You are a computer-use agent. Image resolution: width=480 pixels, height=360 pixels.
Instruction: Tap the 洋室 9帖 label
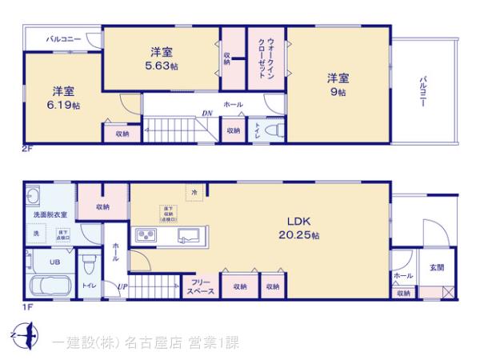coord(337,85)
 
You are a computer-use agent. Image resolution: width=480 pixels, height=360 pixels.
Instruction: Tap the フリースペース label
coord(201,287)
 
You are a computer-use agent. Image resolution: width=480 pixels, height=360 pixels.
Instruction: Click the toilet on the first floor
coord(89,263)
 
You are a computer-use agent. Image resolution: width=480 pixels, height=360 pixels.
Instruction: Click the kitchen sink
coord(189,236)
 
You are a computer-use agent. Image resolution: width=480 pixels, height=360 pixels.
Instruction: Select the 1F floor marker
coord(27,306)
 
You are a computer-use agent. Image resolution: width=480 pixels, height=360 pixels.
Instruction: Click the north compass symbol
coord(27,333)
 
